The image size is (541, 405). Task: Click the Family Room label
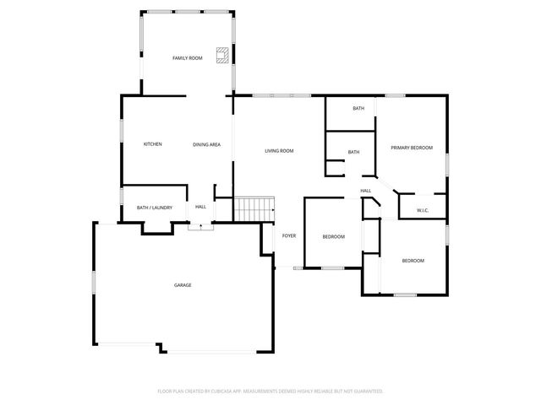click(188, 58)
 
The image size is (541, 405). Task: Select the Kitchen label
click(152, 144)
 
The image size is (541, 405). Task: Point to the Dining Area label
click(207, 144)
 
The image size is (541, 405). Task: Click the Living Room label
click(279, 151)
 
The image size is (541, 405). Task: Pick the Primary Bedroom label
click(412, 148)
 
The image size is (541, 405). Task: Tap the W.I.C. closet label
click(423, 210)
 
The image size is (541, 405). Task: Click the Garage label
click(183, 285)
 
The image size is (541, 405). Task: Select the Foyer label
click(289, 235)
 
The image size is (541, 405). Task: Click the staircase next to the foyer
click(255, 208)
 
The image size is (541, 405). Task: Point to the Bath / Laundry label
click(155, 207)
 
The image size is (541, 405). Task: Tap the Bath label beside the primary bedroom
click(358, 109)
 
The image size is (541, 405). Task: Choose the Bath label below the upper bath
click(353, 152)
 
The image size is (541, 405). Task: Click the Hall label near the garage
click(201, 207)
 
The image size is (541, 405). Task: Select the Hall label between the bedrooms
click(366, 191)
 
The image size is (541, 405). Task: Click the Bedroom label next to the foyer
click(334, 236)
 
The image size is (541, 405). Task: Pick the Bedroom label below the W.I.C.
click(413, 261)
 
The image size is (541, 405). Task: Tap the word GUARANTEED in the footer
click(365, 391)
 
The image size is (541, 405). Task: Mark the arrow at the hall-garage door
click(200, 225)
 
